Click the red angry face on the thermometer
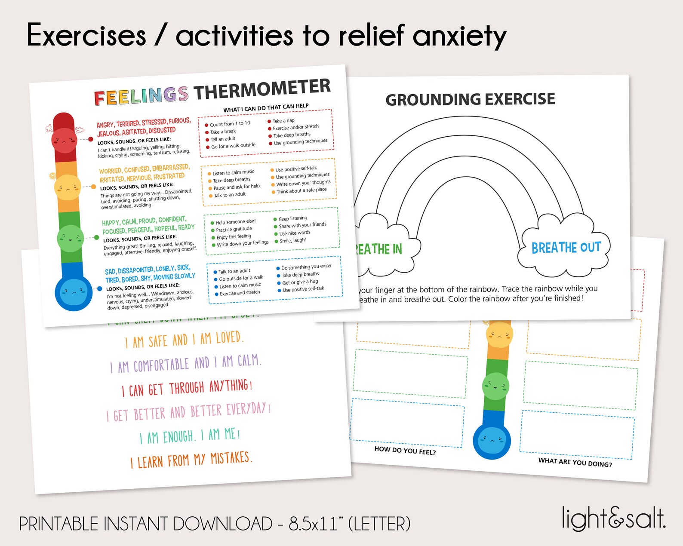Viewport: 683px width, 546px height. tap(64, 140)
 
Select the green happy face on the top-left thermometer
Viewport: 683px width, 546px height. tap(70, 238)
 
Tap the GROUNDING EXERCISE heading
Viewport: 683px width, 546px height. tap(470, 99)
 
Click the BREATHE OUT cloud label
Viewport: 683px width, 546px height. tap(566, 248)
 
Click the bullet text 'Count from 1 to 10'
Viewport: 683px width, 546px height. tap(230, 123)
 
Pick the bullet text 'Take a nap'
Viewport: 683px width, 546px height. tap(283, 121)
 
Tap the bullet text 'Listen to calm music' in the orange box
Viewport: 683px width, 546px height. tap(233, 172)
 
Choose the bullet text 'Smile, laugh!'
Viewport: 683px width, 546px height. tap(293, 240)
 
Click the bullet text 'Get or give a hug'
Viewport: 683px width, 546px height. tap(300, 282)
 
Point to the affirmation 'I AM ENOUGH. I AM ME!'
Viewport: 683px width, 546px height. tap(189, 436)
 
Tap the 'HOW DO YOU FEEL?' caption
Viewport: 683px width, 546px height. tap(405, 450)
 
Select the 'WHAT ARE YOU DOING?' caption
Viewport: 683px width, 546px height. tap(575, 462)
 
